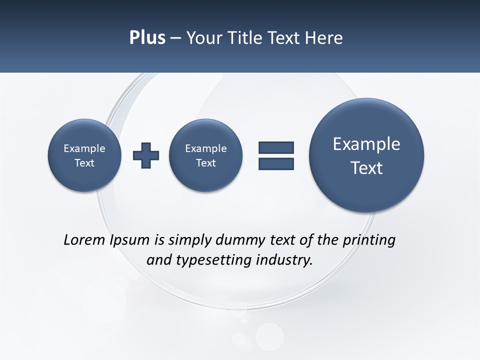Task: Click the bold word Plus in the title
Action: click(147, 38)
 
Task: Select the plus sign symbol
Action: click(146, 155)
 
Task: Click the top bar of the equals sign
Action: click(276, 147)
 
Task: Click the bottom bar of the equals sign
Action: click(276, 163)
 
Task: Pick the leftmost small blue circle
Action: click(84, 155)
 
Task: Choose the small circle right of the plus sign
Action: click(205, 155)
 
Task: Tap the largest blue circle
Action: click(366, 155)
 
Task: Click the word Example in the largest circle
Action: click(366, 144)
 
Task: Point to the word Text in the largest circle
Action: click(366, 168)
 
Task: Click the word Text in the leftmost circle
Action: click(84, 163)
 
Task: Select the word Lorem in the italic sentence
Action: click(84, 240)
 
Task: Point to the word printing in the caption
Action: click(369, 240)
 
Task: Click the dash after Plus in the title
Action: click(175, 38)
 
